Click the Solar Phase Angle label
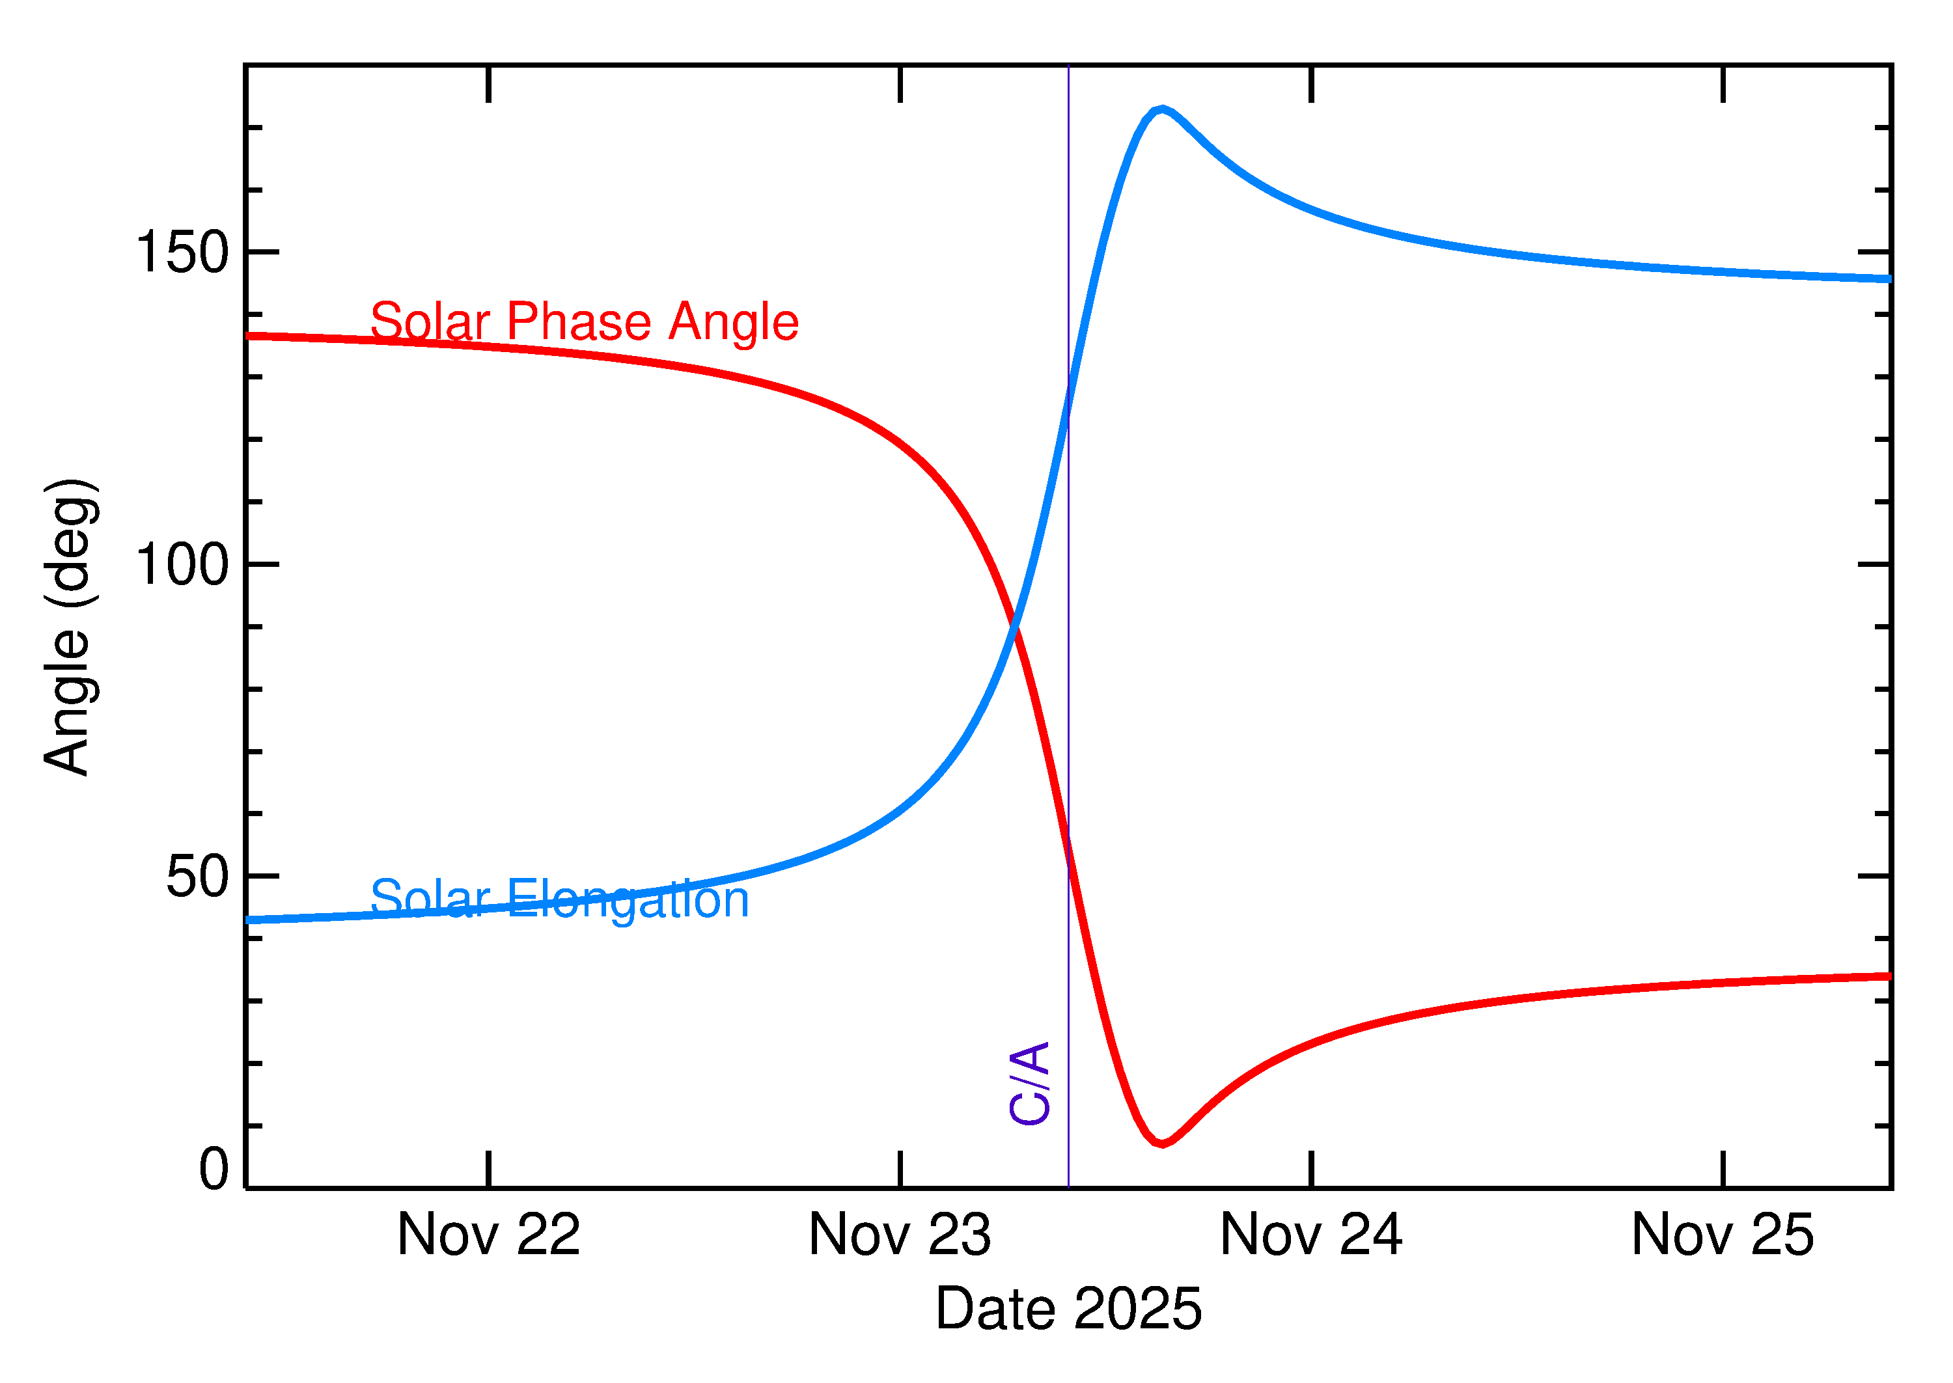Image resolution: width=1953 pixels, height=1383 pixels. (585, 323)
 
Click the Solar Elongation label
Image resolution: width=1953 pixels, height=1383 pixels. (560, 899)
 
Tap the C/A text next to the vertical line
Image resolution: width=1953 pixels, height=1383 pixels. (1030, 1083)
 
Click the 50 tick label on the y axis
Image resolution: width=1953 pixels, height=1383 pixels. (198, 876)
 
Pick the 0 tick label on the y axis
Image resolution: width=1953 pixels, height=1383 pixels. (214, 1168)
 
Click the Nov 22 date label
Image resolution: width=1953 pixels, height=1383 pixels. (488, 1235)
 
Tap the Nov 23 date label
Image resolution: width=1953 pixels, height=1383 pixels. (900, 1235)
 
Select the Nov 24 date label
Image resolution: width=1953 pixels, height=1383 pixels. (1311, 1235)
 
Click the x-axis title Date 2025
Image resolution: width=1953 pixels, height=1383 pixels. (1068, 1309)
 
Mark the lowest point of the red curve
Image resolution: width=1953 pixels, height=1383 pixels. (1162, 1143)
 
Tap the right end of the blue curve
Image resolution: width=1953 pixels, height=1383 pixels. (1889, 279)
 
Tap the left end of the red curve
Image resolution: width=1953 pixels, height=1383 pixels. (248, 336)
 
